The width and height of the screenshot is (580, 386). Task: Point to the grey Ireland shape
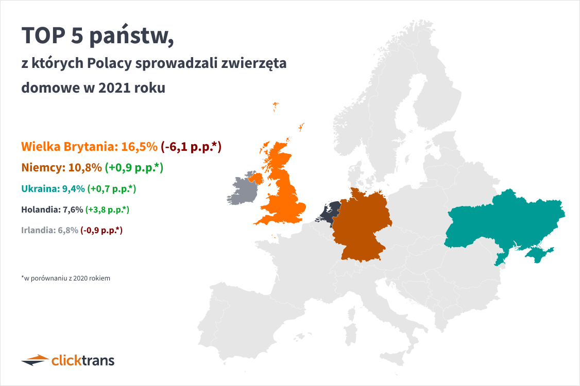click(242, 190)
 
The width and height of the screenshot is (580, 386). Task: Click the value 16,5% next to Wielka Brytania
click(140, 146)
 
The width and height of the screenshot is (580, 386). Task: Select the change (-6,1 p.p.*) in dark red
click(191, 146)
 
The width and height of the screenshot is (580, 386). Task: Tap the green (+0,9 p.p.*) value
click(134, 167)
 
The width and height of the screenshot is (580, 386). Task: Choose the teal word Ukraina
click(40, 189)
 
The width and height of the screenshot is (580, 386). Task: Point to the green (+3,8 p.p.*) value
click(107, 209)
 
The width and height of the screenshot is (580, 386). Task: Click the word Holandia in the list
click(41, 209)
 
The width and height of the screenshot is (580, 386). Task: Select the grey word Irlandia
click(38, 231)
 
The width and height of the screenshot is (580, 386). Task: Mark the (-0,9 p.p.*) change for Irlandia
click(101, 231)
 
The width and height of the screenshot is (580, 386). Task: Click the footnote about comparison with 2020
click(65, 278)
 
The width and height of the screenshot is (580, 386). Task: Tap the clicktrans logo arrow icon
click(35, 360)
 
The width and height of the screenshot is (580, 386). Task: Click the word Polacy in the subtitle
click(110, 63)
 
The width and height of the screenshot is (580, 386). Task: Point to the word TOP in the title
click(44, 36)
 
